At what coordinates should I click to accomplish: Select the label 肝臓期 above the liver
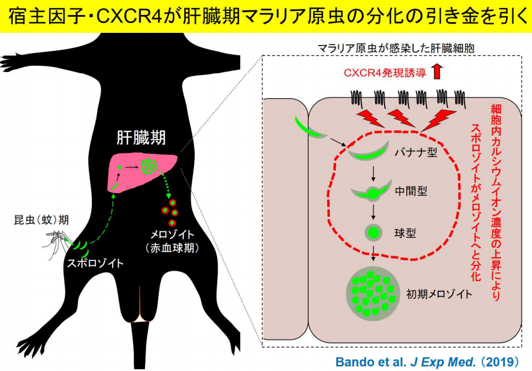142,138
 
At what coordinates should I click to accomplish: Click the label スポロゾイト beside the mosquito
94,264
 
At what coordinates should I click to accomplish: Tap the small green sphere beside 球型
373,233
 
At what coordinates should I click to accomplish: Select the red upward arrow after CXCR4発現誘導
436,72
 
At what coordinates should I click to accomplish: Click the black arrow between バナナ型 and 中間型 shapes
373,173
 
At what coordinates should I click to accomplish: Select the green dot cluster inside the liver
151,166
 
